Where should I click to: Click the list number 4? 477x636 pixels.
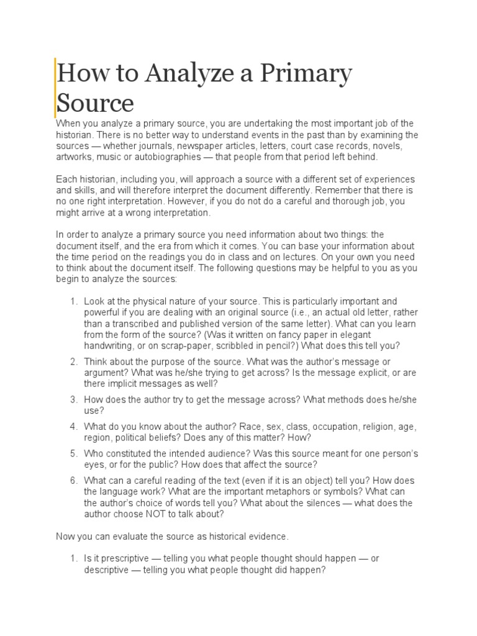73,427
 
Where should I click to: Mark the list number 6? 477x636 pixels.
73,481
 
